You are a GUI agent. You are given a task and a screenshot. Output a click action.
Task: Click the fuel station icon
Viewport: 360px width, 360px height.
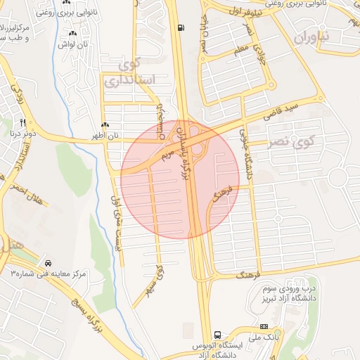point(183,28)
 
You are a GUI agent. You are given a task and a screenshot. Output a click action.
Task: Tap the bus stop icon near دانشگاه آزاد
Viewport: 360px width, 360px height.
point(217,335)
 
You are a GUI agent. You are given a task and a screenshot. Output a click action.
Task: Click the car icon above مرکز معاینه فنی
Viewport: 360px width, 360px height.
point(47,261)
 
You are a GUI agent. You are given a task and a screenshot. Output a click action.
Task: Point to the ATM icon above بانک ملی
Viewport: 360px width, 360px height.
point(264,326)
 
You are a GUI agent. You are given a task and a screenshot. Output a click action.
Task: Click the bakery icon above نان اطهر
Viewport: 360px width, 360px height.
point(105,124)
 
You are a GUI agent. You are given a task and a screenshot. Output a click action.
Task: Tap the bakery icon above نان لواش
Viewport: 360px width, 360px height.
point(73,33)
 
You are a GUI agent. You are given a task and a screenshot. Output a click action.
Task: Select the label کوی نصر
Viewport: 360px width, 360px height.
point(291,143)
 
